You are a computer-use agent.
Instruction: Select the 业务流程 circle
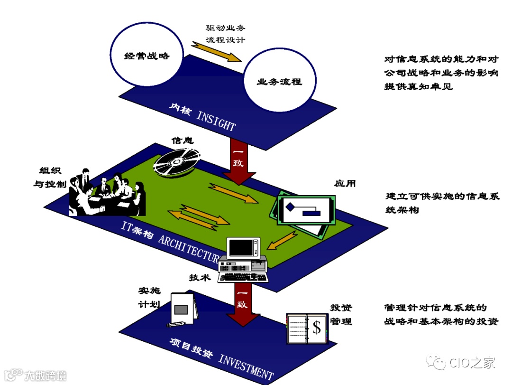tap(279, 82)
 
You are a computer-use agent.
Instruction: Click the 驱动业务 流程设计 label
tap(225, 34)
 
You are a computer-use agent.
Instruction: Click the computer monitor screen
tap(242, 248)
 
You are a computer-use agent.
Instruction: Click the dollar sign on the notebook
tap(317, 327)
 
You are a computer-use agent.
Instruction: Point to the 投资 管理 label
tap(341, 315)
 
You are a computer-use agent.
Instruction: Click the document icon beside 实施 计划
tap(183, 309)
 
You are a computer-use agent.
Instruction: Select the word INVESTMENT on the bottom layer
tap(246, 365)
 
